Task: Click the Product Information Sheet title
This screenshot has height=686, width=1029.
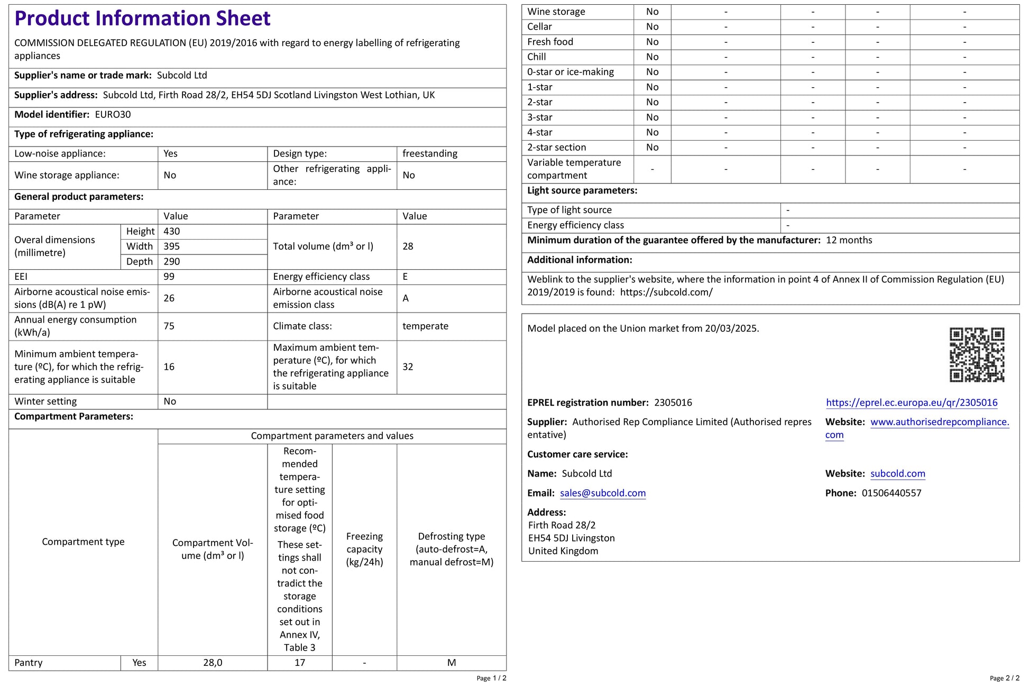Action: click(x=142, y=19)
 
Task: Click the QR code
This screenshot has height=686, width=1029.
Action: click(x=976, y=354)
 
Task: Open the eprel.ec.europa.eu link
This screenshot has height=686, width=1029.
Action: click(x=912, y=403)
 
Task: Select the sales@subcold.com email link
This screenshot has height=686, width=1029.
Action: click(x=603, y=493)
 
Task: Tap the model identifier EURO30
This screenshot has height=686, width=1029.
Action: click(x=113, y=114)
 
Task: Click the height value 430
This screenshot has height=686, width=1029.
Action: click(x=172, y=231)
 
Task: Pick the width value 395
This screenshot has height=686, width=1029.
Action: click(x=172, y=246)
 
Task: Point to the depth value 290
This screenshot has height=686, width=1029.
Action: click(x=172, y=261)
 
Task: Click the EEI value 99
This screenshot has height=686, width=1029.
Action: click(x=169, y=277)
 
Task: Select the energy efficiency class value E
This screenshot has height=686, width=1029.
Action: click(x=406, y=277)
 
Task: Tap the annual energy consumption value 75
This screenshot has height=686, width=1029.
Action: click(x=169, y=326)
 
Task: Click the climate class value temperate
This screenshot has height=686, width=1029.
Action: click(x=425, y=326)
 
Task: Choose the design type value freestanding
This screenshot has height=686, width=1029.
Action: click(x=430, y=153)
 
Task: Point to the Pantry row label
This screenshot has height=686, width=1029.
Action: click(x=29, y=663)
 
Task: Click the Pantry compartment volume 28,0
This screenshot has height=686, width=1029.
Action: click(x=213, y=663)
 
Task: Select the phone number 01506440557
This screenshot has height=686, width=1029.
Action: click(x=892, y=493)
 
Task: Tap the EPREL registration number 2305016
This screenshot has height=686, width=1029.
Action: click(x=673, y=403)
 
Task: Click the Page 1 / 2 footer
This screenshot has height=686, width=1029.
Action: click(x=491, y=678)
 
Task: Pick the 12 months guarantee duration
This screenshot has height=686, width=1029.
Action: click(x=849, y=240)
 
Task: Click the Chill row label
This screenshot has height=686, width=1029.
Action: click(x=537, y=57)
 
